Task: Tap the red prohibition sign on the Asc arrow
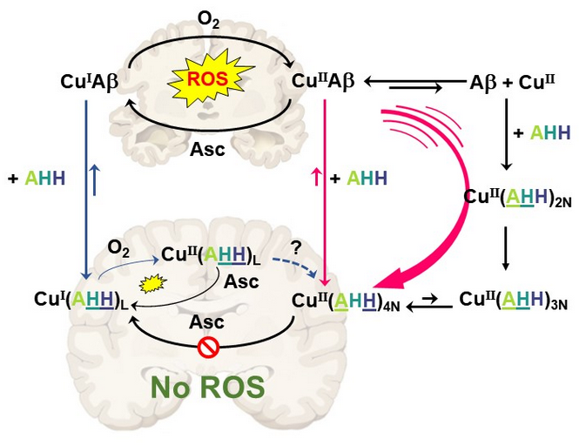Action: click(206, 349)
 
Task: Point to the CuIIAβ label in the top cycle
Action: click(323, 82)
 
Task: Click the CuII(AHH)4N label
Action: click(346, 301)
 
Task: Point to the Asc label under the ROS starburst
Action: click(207, 148)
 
